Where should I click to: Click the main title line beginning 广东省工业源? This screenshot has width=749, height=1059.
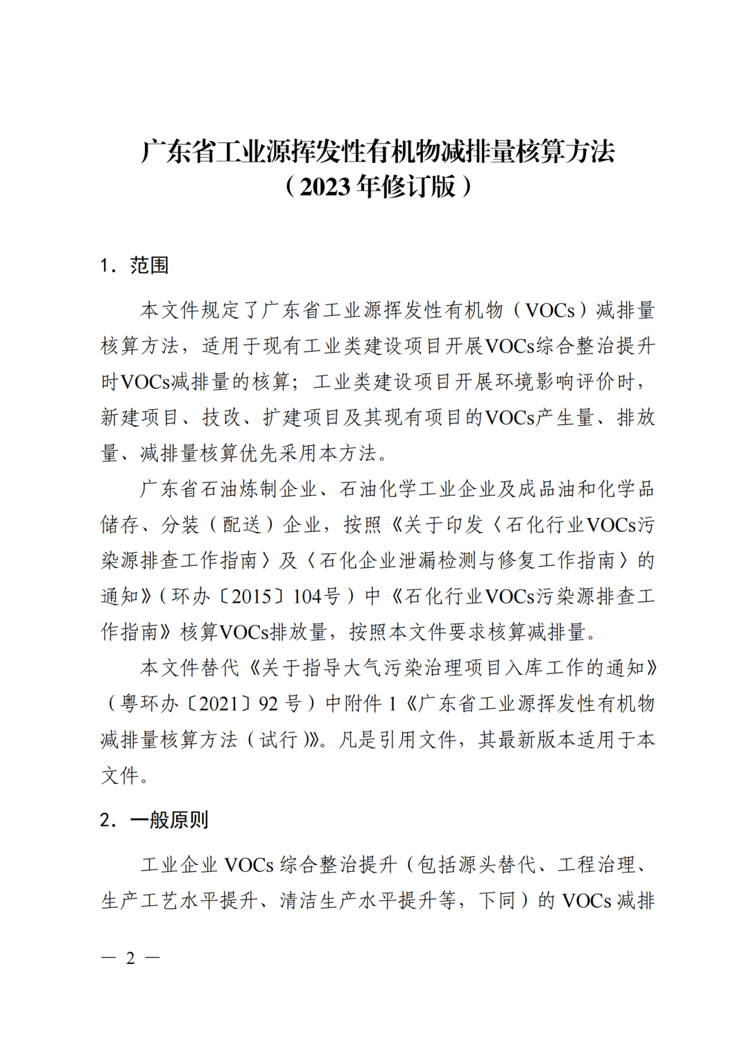(378, 152)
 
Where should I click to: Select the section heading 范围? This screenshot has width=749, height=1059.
(149, 266)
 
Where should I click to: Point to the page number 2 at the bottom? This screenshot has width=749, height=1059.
(130, 958)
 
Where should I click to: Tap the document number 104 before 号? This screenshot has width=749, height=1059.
(308, 596)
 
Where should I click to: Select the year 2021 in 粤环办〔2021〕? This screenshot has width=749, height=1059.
(218, 704)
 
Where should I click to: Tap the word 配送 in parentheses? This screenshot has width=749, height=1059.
(242, 525)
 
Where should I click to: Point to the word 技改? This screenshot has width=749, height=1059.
(221, 417)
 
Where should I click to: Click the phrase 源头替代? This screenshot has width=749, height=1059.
(478, 865)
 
